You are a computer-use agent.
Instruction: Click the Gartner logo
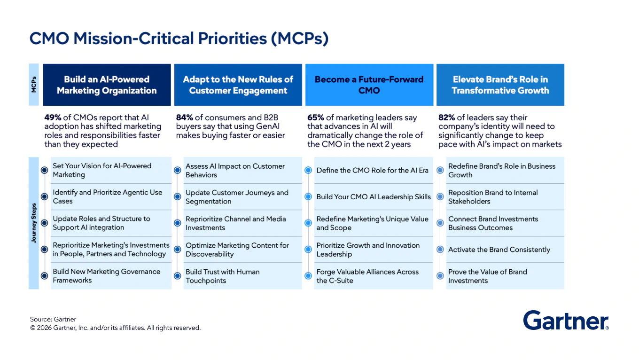[x=566, y=321]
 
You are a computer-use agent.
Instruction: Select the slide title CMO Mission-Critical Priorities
[x=179, y=39]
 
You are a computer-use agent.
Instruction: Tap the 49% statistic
[x=53, y=117]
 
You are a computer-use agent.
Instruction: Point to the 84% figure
[x=185, y=117]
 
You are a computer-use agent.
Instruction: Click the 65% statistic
[x=316, y=117]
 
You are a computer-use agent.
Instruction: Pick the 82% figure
[x=447, y=117]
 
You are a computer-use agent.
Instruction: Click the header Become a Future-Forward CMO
[x=369, y=85]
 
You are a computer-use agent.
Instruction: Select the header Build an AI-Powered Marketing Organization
[x=107, y=85]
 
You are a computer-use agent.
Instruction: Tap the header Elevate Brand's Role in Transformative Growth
[x=500, y=85]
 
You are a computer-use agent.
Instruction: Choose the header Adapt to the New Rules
[x=238, y=85]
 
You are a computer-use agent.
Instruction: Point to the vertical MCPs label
[x=34, y=85]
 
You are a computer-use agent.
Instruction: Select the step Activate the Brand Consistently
[x=499, y=250]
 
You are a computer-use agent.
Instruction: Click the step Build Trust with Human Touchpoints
[x=223, y=276]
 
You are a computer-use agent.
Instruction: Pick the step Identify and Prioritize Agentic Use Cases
[x=107, y=196]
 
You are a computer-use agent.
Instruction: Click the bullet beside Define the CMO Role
[x=308, y=170]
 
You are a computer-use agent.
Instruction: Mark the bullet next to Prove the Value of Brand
[x=440, y=276]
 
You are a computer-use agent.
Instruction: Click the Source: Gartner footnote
[x=53, y=320]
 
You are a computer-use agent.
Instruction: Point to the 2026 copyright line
[x=115, y=328]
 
